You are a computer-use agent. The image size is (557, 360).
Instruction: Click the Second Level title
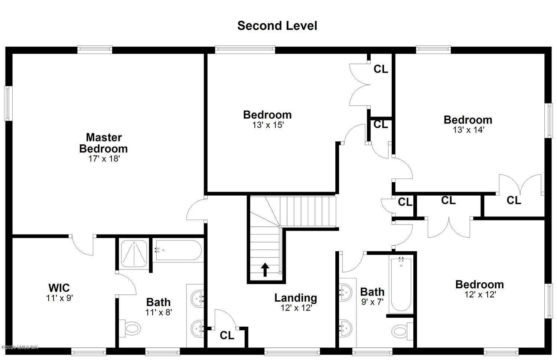coord(277,26)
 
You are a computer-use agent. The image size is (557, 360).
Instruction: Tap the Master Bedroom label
coord(104,143)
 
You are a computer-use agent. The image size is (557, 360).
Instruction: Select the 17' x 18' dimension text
coord(103,159)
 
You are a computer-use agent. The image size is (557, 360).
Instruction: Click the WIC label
coord(59,288)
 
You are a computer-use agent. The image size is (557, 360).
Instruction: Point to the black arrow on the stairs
coord(265,270)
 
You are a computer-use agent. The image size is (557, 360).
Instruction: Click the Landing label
coord(296,298)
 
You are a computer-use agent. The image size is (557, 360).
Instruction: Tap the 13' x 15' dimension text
coord(268,125)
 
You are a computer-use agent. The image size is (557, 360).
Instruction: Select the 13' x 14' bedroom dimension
coord(468,130)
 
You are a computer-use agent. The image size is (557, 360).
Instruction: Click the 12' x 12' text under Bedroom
coord(480,295)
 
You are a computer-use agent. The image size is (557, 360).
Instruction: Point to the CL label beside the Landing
coord(227,336)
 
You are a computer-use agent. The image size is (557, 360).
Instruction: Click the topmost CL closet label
coord(381,69)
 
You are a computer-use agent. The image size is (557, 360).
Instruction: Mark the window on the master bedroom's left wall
coord(7,103)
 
